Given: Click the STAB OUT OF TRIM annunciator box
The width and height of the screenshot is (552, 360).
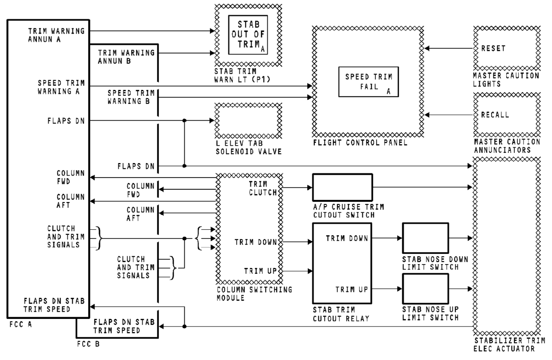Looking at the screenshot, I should point(248,35).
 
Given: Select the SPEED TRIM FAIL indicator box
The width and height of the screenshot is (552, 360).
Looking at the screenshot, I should point(368,82).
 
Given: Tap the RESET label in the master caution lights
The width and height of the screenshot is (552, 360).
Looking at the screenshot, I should point(493,48).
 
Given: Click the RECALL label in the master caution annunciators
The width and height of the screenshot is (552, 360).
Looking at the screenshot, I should point(495,114).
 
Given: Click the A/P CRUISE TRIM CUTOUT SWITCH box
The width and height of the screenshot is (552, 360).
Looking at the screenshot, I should point(342,187).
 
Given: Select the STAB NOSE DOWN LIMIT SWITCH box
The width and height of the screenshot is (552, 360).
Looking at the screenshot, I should point(425,238).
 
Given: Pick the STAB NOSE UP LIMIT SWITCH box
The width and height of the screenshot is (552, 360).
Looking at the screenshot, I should point(425,289).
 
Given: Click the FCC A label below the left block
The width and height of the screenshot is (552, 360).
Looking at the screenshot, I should point(20,324).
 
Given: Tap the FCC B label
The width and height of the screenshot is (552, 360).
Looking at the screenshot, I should point(88,344).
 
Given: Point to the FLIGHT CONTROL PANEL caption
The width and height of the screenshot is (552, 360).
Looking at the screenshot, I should point(360,142).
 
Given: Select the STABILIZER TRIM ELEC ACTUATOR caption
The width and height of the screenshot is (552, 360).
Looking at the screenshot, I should point(509,344).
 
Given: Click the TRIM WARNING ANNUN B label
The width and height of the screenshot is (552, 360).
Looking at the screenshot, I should point(126,57).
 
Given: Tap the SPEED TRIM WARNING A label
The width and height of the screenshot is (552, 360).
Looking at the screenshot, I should point(61,87).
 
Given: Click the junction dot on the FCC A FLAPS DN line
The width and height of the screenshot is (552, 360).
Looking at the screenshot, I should point(184,121).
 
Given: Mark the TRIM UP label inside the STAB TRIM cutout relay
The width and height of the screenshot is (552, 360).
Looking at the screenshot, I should point(351,289).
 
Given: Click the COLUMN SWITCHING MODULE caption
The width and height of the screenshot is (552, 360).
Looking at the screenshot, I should point(254,293).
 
